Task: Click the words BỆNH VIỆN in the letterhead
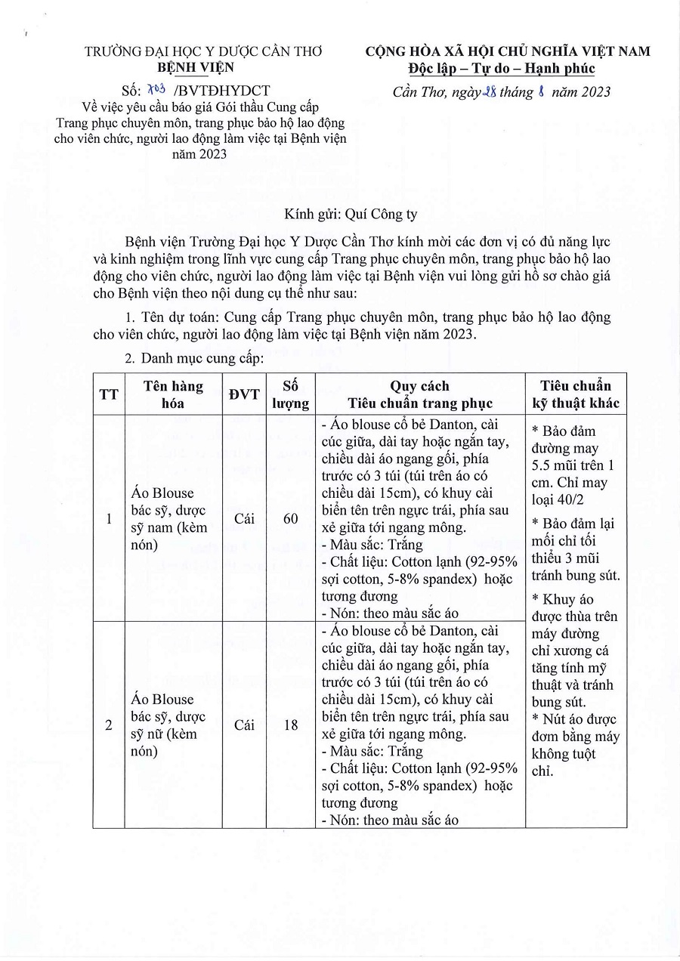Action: (x=201, y=68)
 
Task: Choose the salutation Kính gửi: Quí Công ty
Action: (x=351, y=214)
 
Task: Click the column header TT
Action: (x=109, y=394)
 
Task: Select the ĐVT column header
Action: (x=244, y=394)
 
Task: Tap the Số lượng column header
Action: (x=291, y=394)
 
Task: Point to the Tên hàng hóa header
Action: (x=173, y=394)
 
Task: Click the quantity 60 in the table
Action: (x=291, y=518)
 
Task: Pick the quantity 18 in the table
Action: (x=291, y=725)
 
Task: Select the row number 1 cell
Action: (x=109, y=518)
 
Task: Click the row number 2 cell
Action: (x=109, y=725)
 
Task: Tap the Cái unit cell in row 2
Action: (x=244, y=725)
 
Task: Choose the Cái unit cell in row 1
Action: (x=244, y=518)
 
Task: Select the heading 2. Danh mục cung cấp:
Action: (x=193, y=357)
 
